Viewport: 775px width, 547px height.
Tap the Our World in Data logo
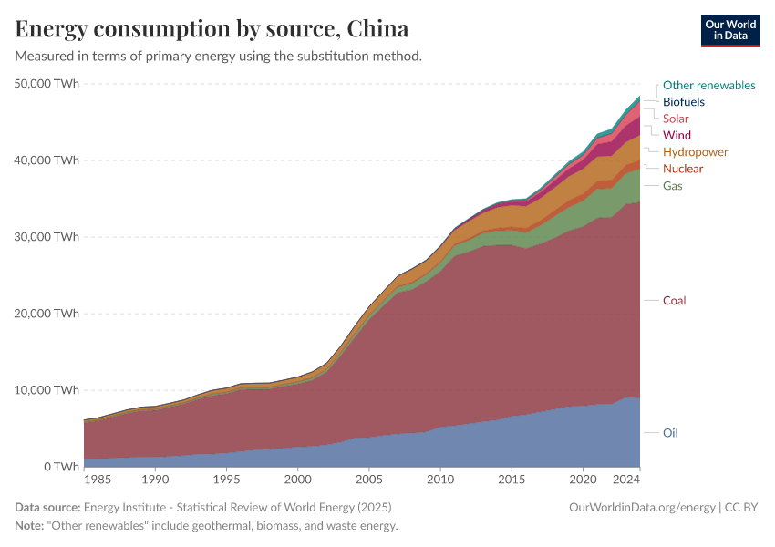[729, 30]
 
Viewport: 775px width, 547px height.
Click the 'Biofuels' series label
[683, 102]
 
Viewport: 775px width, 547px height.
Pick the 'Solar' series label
[676, 119]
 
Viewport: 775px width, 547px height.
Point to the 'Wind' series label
[677, 135]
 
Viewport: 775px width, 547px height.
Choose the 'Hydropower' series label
[695, 151]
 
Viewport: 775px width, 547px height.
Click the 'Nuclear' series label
[683, 169]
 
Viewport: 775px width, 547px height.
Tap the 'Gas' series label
[673, 185]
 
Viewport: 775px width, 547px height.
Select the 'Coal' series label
[674, 300]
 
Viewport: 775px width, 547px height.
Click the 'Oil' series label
[670, 432]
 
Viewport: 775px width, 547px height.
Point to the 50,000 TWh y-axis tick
[46, 84]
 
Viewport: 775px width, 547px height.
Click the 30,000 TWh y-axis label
[46, 237]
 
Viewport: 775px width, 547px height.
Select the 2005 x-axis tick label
[368, 479]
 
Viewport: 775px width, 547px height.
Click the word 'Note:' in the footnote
[32, 526]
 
